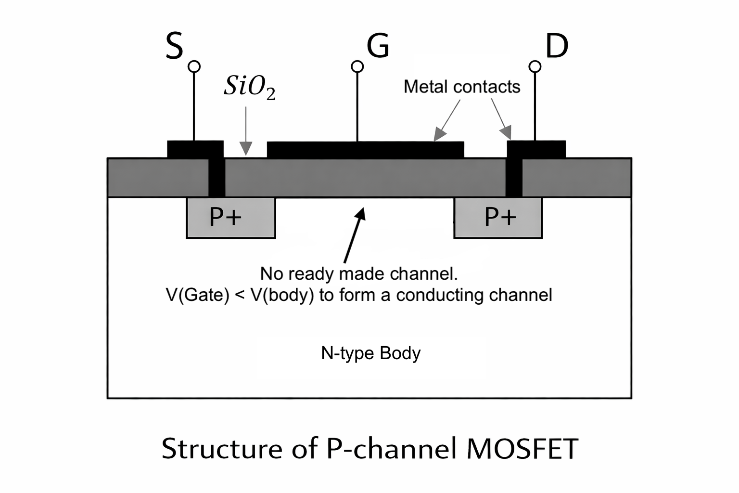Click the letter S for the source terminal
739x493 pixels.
tap(174, 46)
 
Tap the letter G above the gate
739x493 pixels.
tap(378, 46)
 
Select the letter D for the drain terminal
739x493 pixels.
tap(557, 46)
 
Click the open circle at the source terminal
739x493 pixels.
tap(194, 66)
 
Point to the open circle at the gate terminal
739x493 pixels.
tap(357, 66)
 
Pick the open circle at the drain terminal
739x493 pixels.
tap(535, 66)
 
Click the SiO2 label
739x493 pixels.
tap(249, 87)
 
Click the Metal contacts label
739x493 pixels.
tap(461, 87)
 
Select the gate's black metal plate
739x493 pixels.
tap(365, 150)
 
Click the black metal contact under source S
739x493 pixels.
tap(195, 149)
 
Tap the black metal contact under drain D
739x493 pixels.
tap(536, 149)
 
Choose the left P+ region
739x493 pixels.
tap(230, 218)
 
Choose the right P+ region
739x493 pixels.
tap(498, 218)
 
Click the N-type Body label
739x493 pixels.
tap(370, 353)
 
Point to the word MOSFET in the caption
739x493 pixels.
tap(522, 449)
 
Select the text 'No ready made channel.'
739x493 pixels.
tap(359, 273)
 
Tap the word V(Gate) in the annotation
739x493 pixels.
tap(197, 295)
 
